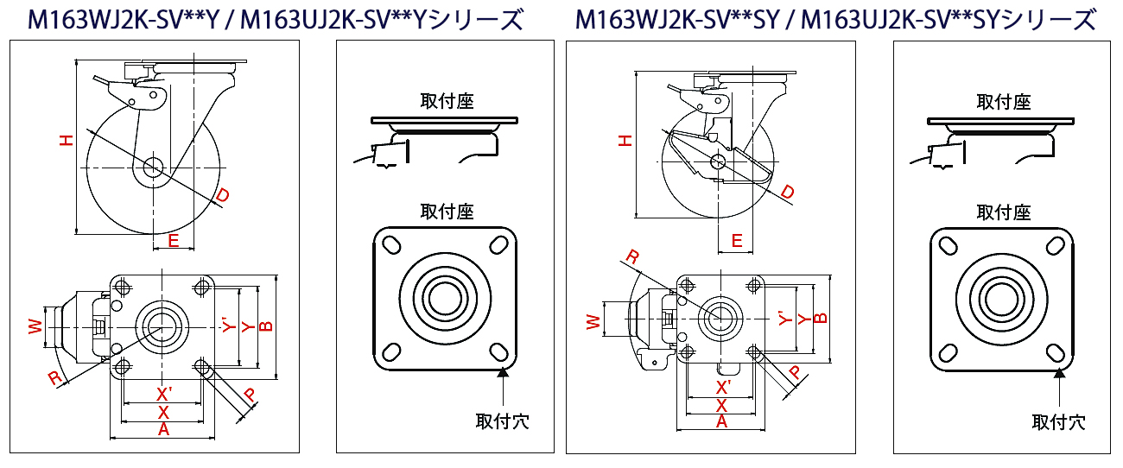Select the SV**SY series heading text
coord(835,19)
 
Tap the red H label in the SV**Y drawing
coord(67,140)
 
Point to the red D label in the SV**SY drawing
coord(787,192)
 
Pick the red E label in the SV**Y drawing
coord(174,241)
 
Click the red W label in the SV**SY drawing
coord(593,322)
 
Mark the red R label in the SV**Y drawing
coord(54,377)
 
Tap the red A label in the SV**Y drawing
coord(162,429)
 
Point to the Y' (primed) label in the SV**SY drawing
coord(783,318)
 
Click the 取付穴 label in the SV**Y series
coord(502,421)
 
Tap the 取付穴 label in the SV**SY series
coord(1058,421)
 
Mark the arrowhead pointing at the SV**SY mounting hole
coord(1058,374)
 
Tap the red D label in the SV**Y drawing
coord(223,198)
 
